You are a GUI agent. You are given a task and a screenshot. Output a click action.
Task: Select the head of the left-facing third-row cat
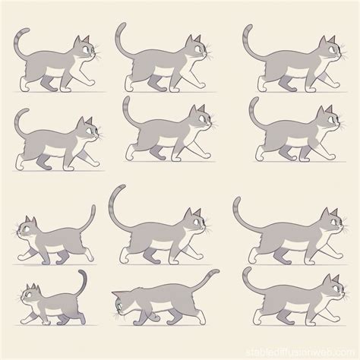tap(28, 229)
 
